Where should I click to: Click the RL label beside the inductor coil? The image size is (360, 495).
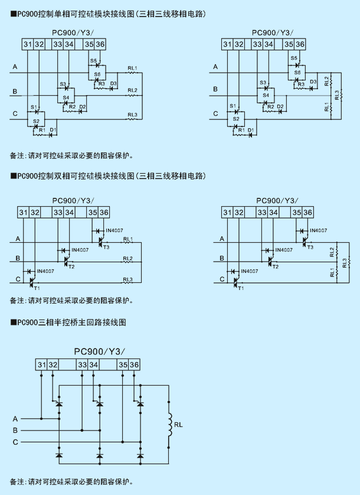coord(178,425)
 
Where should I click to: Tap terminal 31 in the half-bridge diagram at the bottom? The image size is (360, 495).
coord(42,365)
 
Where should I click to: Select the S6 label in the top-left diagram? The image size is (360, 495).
coord(97,74)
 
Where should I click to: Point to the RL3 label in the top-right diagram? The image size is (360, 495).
coord(337,95)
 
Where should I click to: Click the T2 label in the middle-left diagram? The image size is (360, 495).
coord(71,267)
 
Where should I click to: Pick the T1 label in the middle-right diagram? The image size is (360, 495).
coord(241,288)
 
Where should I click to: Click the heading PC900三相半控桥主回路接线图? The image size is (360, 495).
coord(68,323)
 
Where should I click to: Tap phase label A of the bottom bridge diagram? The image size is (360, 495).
coord(15,419)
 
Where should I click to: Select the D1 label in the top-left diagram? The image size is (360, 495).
coord(53,130)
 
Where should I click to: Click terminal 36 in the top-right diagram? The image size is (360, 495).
coord(300,44)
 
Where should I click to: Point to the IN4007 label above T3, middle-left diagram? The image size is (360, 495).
coord(114,230)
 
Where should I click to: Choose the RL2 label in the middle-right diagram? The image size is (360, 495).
coord(332,252)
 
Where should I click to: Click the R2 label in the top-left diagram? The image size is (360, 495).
coord(72,107)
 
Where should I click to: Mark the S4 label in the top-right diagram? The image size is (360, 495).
coord(266,95)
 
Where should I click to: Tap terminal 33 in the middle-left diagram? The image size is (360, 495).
coord(58,213)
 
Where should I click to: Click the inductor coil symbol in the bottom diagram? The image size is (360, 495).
coord(170,425)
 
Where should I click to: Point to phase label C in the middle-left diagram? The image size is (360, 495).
coord(18,279)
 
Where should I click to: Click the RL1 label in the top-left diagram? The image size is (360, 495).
coord(132,68)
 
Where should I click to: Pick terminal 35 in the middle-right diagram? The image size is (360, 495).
coord(297,213)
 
